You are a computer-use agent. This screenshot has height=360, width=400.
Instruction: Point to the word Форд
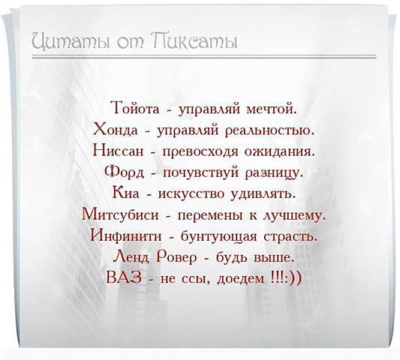click(x=122, y=172)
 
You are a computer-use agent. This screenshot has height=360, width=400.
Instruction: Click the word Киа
click(x=121, y=193)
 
